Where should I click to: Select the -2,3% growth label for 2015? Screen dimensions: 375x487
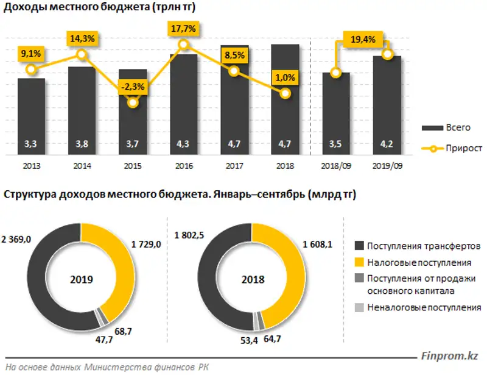132,87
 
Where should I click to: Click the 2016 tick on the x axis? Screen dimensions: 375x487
184,165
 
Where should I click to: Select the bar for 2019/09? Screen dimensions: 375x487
387,104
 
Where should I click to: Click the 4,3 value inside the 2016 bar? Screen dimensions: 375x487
184,145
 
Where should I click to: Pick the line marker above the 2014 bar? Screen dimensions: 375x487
82,55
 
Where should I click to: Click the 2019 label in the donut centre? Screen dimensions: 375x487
80,280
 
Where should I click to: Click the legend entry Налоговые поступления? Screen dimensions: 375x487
414,262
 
